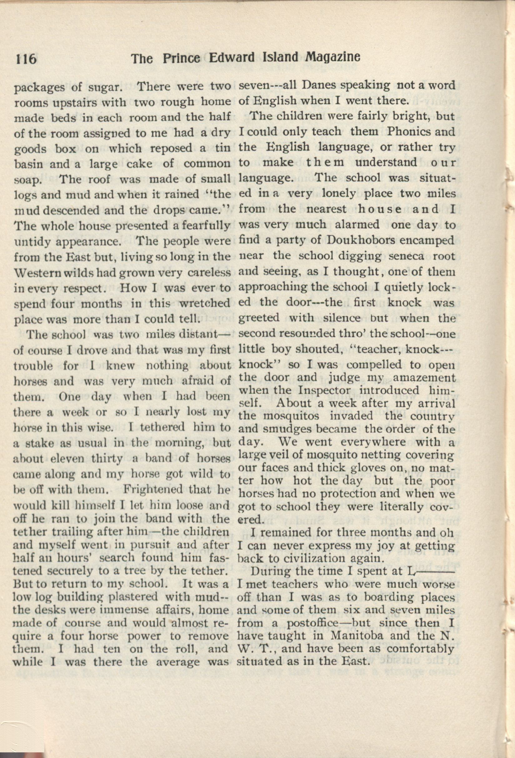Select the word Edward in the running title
tap(230, 58)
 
